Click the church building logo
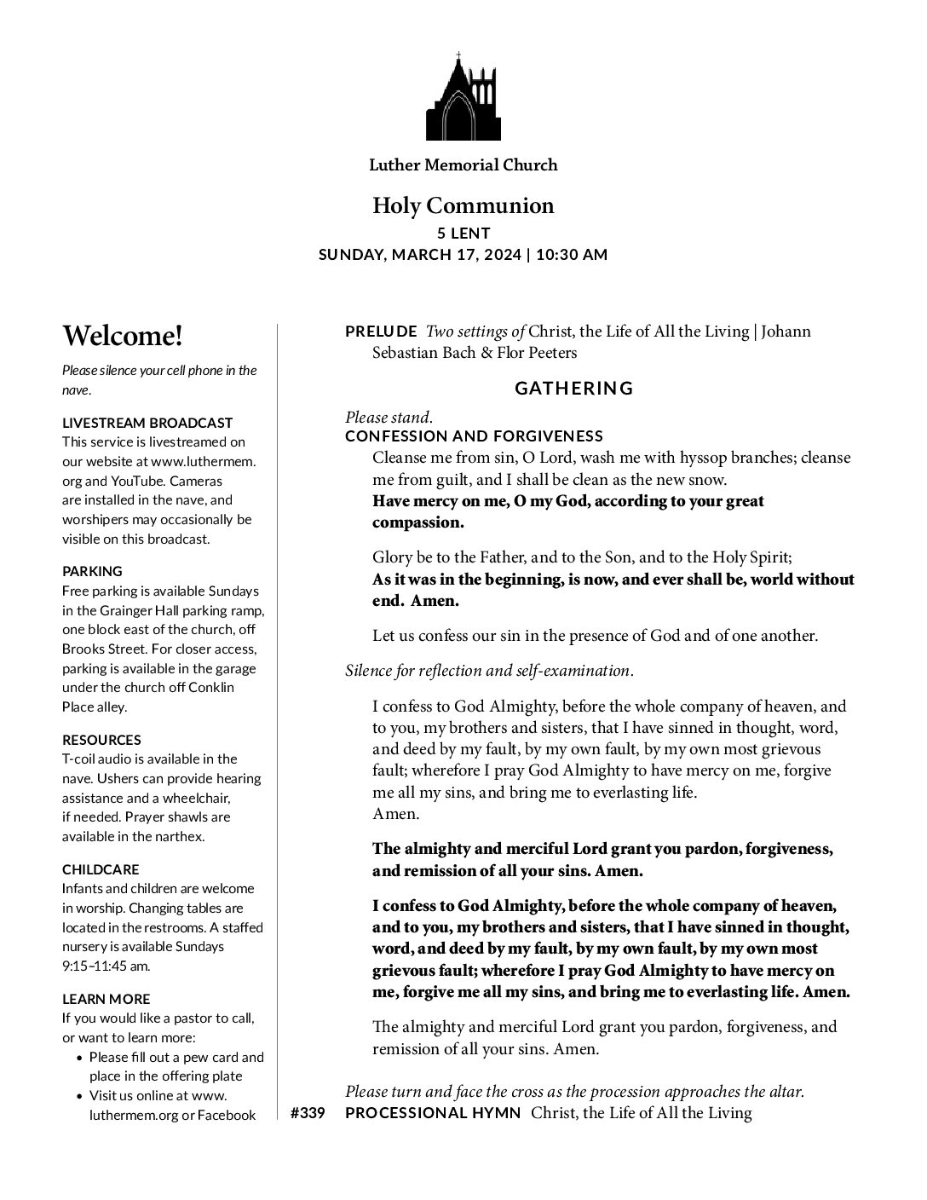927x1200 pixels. [x=463, y=97]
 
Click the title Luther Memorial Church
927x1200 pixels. [x=463, y=165]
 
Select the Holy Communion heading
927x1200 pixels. [x=463, y=205]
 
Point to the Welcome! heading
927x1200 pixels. [x=122, y=336]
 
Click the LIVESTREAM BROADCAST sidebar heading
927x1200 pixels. [x=147, y=423]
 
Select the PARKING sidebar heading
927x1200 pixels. [x=92, y=571]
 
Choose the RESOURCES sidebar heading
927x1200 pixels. [x=101, y=740]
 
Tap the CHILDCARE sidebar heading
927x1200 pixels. [x=101, y=869]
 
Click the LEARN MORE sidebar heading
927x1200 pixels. [x=106, y=999]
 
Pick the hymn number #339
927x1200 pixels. [x=308, y=1113]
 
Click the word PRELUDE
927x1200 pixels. [x=381, y=331]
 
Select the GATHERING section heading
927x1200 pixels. [x=574, y=389]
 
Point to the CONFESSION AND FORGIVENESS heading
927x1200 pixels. [x=474, y=436]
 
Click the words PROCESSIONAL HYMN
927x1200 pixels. [x=433, y=1113]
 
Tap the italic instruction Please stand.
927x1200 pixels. [x=389, y=418]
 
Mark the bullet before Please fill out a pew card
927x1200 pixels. [x=79, y=1058]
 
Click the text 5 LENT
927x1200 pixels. [x=463, y=233]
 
